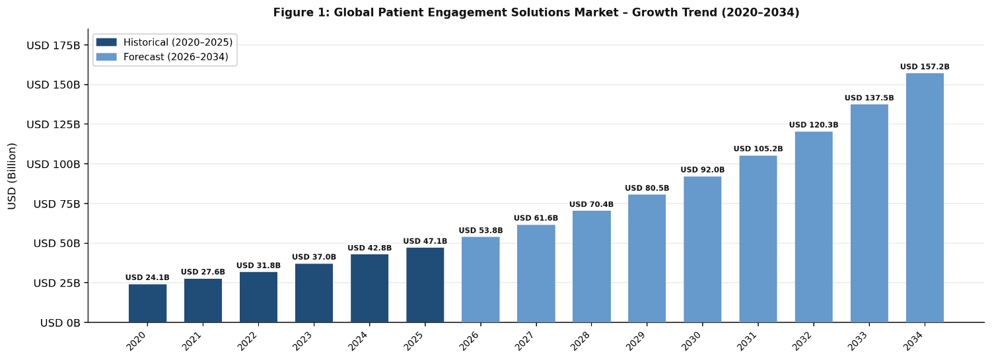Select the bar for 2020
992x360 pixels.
(147, 303)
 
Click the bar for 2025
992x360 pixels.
(425, 285)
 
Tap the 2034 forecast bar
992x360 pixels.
(925, 198)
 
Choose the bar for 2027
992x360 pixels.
(536, 273)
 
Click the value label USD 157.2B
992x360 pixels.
(925, 67)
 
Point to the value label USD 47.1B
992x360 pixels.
(425, 241)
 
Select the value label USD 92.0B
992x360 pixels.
(702, 170)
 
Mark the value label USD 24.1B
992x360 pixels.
(147, 277)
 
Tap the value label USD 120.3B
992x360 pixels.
(814, 125)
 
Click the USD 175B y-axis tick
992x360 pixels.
(53, 46)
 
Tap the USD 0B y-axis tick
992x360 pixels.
(60, 323)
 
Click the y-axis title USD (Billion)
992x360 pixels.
(13, 176)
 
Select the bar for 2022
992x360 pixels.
(258, 297)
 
